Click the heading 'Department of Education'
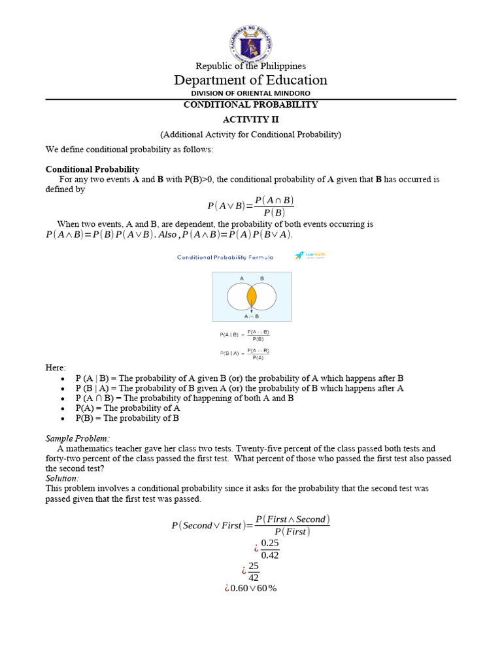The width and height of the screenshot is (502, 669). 250,80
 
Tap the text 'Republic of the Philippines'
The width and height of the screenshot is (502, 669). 251,65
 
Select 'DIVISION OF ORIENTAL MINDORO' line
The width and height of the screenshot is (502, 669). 251,93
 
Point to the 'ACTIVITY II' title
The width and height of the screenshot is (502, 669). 250,120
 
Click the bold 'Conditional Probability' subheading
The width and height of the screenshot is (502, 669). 92,169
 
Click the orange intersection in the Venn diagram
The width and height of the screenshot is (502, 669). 252,297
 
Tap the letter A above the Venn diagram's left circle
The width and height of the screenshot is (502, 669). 242,278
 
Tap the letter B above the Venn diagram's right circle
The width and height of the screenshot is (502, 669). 262,278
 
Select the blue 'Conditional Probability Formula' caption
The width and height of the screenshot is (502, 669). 225,257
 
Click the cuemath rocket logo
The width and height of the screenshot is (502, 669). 299,256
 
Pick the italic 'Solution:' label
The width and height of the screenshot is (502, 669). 61,478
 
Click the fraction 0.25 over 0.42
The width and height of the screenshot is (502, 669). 269,549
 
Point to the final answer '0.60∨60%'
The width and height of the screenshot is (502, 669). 251,589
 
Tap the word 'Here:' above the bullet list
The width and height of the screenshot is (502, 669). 56,368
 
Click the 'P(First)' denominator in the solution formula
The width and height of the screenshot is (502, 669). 292,531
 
